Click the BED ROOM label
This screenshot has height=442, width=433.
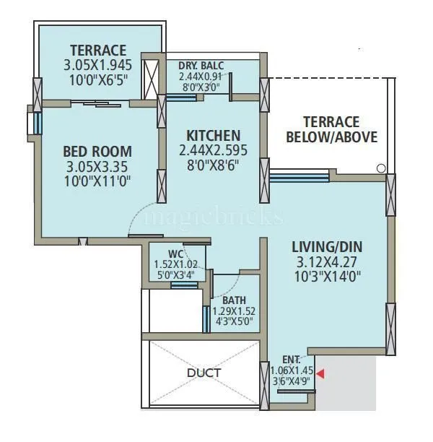[x=97, y=152]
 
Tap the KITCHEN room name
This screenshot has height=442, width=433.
[x=214, y=136]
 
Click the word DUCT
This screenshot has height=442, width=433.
[x=204, y=373]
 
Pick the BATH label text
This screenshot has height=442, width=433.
[x=234, y=300]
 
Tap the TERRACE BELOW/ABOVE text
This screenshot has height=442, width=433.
[x=331, y=129]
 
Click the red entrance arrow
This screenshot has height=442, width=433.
[x=320, y=373]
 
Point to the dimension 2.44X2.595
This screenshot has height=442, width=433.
[x=214, y=150]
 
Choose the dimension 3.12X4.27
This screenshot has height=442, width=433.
[x=325, y=261]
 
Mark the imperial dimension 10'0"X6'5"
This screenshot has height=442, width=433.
[x=95, y=80]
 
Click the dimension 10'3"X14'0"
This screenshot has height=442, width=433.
[x=325, y=275]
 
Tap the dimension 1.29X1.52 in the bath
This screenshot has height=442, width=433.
[x=234, y=311]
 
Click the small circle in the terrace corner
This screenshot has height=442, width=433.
[x=380, y=168]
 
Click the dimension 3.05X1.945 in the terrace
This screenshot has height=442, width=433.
[x=95, y=66]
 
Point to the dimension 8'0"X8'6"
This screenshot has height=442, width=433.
[x=214, y=164]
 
